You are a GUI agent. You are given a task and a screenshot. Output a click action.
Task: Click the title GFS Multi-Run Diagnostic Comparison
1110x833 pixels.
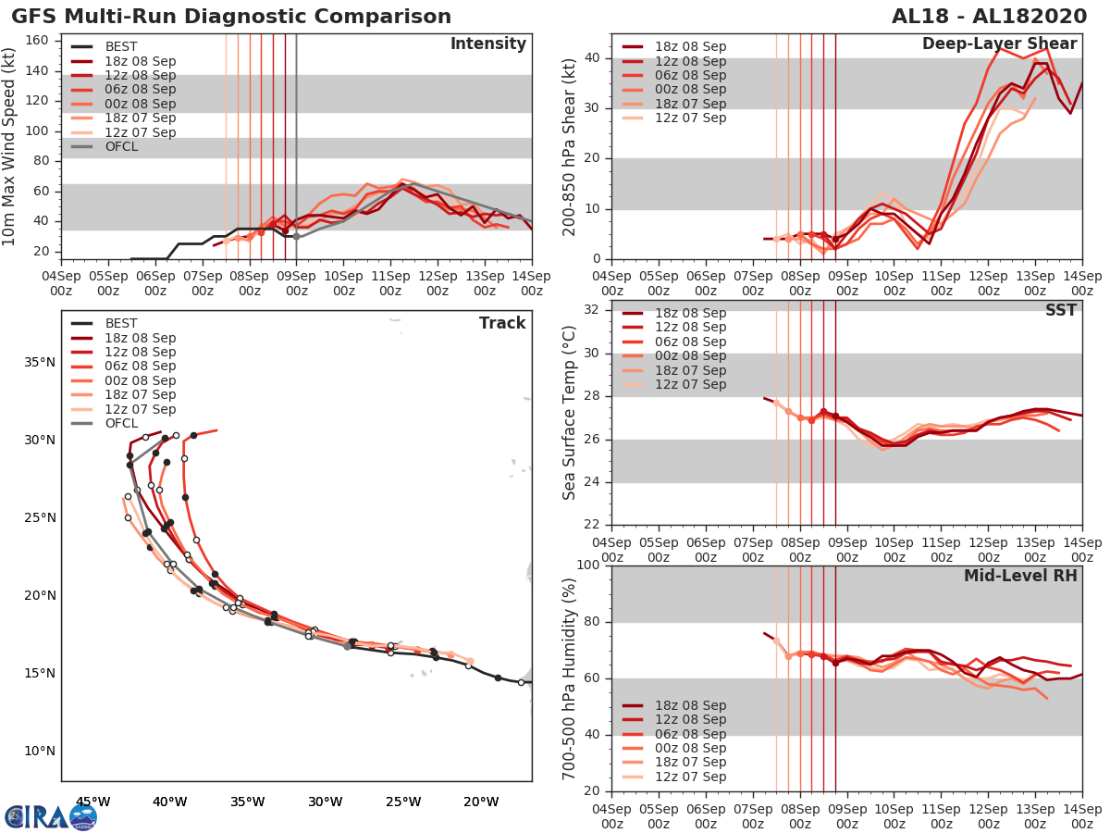231,17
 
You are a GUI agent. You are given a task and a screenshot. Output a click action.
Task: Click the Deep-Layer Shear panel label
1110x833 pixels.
999,44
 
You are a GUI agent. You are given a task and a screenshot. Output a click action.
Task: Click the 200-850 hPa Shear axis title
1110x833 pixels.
570,146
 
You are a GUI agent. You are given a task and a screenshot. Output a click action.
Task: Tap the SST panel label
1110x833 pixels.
1061,310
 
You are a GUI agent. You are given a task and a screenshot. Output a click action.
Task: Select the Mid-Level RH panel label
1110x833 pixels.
1020,576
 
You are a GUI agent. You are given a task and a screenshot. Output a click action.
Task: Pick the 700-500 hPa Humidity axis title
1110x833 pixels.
570,678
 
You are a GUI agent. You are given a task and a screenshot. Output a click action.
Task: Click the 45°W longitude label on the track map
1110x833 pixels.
92,802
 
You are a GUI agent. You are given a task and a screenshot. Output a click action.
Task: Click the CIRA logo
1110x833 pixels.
50,816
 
